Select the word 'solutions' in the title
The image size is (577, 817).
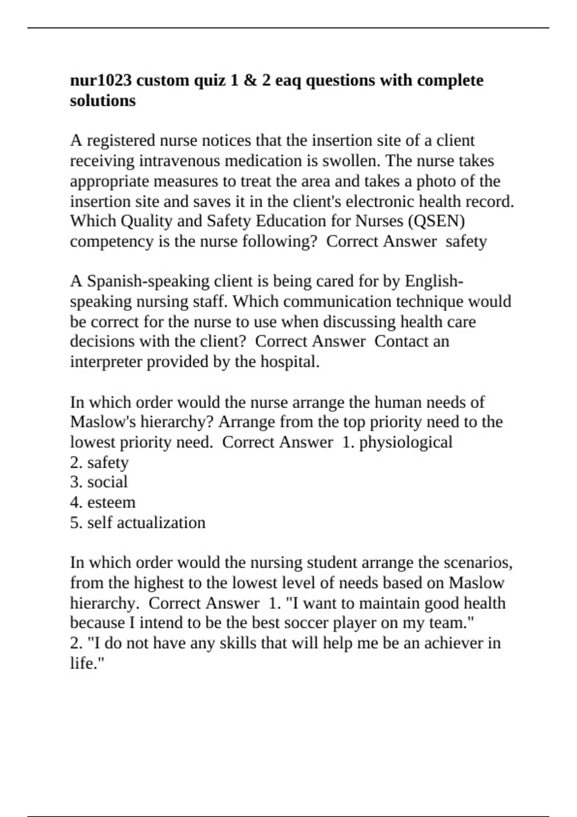tap(103, 100)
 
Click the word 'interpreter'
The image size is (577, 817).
tap(106, 361)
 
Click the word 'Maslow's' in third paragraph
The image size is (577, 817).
tap(103, 422)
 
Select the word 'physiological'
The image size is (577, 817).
tap(405, 442)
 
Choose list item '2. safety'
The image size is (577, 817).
tap(99, 462)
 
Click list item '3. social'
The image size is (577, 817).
tap(99, 482)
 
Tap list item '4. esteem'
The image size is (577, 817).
tap(102, 502)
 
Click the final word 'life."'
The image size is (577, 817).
tap(88, 663)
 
